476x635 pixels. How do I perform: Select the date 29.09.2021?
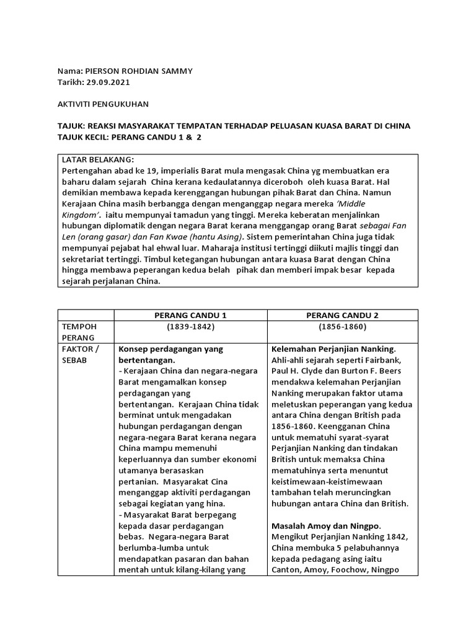click(x=108, y=82)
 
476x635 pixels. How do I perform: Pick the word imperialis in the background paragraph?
click(x=176, y=170)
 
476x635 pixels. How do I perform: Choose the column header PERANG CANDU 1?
click(x=190, y=315)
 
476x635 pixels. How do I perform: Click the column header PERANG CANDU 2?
click(x=343, y=315)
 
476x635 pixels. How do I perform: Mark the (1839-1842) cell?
click(x=190, y=326)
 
